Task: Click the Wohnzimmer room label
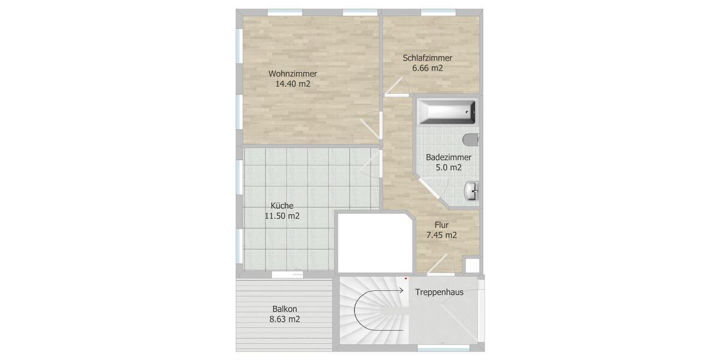292,74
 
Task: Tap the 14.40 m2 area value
292,84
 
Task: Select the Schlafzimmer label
427,58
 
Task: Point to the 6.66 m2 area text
427,68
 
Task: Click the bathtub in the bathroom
447,112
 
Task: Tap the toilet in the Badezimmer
471,139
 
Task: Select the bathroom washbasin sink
472,191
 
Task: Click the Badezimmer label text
448,157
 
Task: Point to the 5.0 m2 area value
448,167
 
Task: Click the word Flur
441,225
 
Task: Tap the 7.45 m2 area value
441,235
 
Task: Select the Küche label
282,206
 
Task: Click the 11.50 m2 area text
282,216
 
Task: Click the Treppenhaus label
440,293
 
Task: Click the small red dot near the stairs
406,278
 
